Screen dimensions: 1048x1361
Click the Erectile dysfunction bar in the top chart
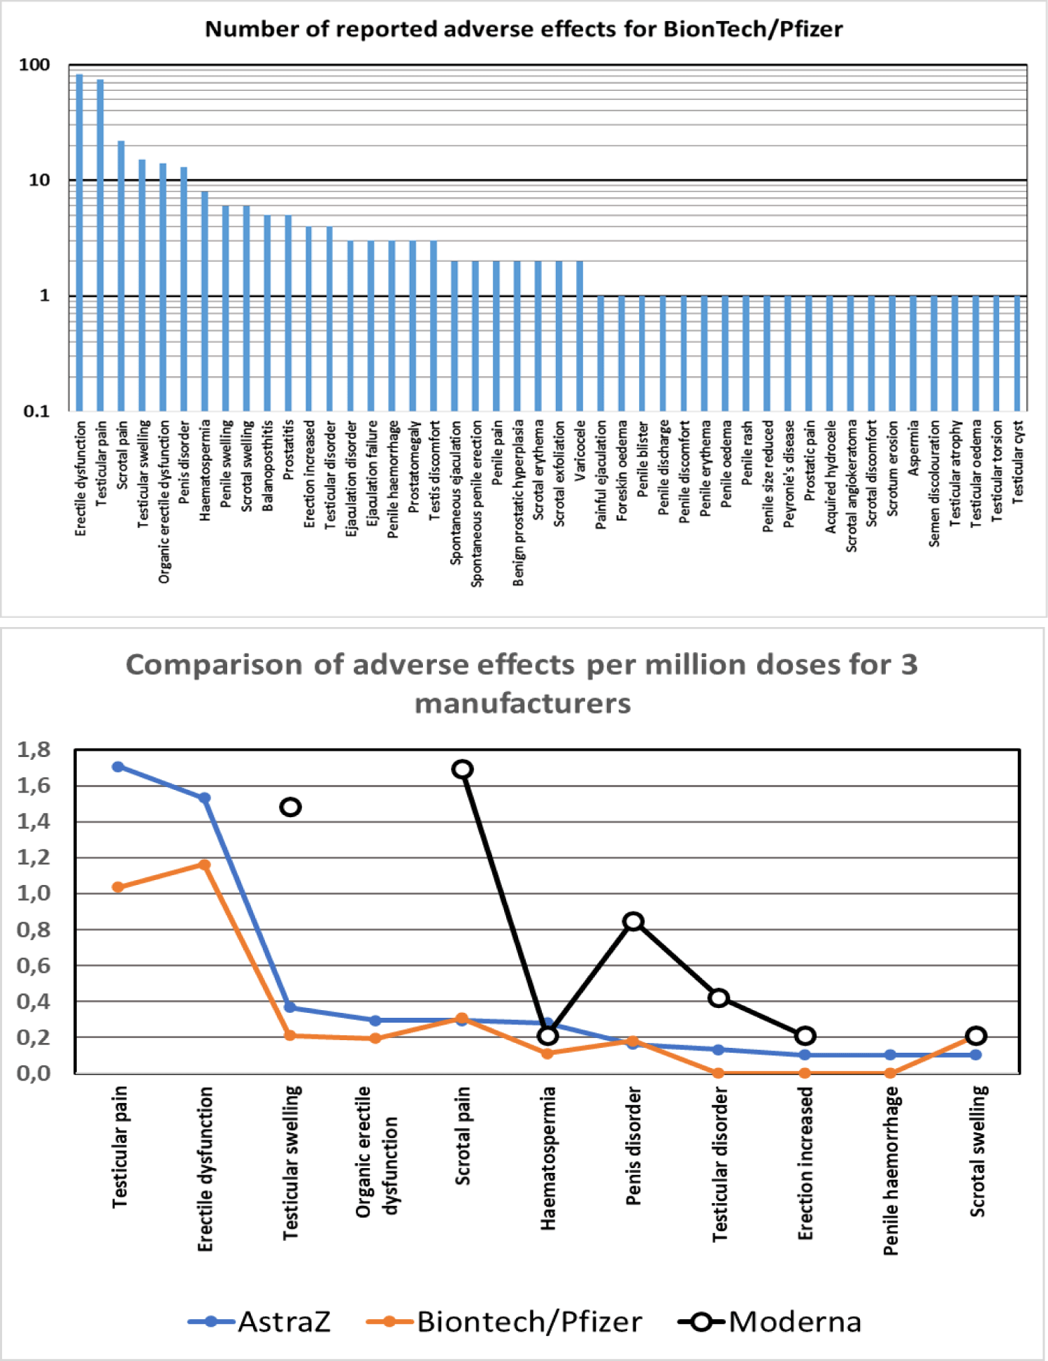click(x=80, y=243)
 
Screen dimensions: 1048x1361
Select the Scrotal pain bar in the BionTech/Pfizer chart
click(x=121, y=276)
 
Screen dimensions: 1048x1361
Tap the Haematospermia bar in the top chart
click(x=205, y=301)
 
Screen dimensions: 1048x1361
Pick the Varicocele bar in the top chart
click(x=580, y=336)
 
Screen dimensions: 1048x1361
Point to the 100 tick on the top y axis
click(x=34, y=65)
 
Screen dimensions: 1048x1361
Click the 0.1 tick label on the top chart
click(x=36, y=411)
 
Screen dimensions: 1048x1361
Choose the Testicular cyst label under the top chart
click(x=1018, y=461)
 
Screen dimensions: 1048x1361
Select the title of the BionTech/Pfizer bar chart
click(x=524, y=29)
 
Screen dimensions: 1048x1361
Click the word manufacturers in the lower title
click(x=523, y=703)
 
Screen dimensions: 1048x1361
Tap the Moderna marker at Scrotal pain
click(x=462, y=770)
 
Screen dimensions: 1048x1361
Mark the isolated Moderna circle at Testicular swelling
click(x=291, y=807)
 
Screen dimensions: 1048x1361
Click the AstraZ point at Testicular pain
click(x=118, y=767)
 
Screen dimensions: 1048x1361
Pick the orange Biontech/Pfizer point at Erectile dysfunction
click(x=205, y=865)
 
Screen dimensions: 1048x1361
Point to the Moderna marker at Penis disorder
click(x=633, y=921)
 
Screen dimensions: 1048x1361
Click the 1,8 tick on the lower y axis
click(x=34, y=750)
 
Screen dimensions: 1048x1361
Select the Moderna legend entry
click(x=770, y=1322)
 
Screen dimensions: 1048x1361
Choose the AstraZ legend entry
click(x=259, y=1322)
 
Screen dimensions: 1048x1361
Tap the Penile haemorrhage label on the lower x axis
click(x=891, y=1172)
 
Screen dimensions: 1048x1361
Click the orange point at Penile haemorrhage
click(x=890, y=1073)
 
